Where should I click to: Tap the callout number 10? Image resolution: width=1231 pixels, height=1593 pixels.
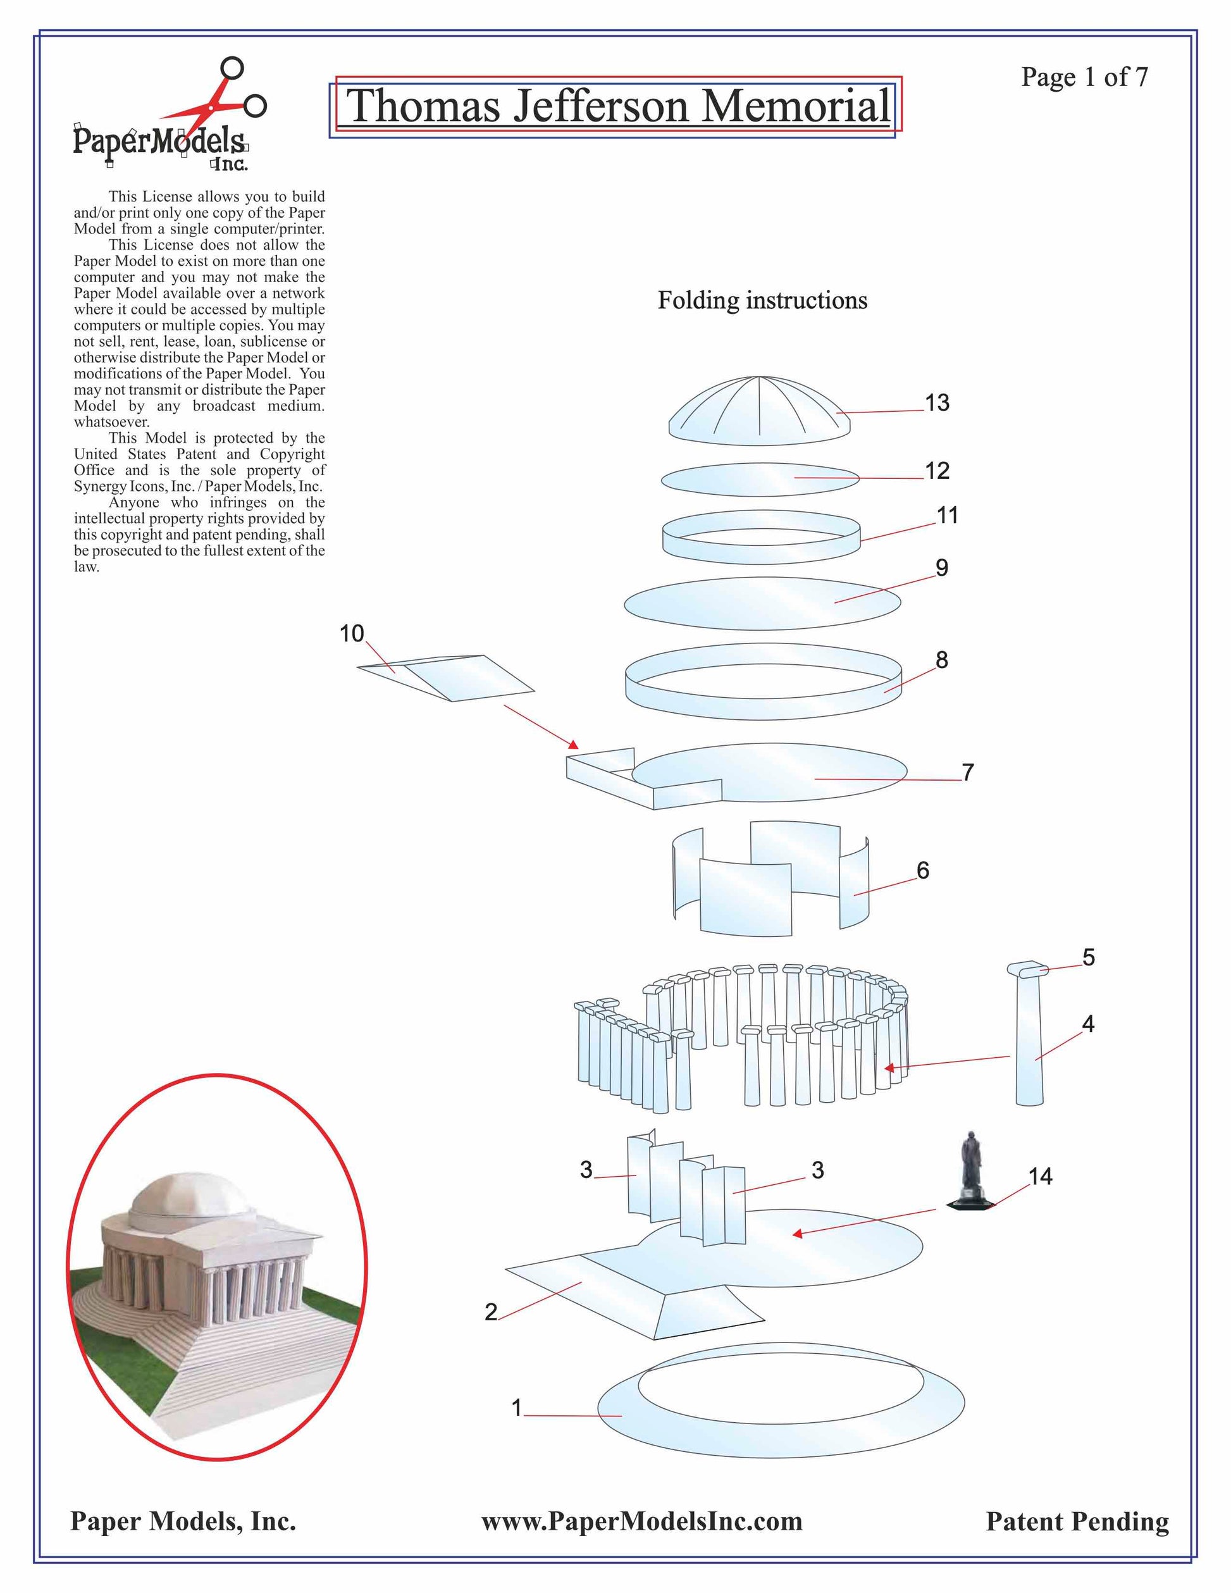pyautogui.click(x=352, y=633)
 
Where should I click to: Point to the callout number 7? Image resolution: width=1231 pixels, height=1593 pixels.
pyautogui.click(x=968, y=772)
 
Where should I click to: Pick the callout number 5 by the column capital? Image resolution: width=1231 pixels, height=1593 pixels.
pyautogui.click(x=1088, y=957)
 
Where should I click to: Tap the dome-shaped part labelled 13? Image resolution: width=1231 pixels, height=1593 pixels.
pyautogui.click(x=759, y=412)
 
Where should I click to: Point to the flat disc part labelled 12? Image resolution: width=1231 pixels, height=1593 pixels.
pyautogui.click(x=759, y=479)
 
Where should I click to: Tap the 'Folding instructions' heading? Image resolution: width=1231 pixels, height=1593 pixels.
pyautogui.click(x=762, y=301)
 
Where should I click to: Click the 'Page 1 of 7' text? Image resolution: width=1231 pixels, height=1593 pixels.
pyautogui.click(x=1084, y=77)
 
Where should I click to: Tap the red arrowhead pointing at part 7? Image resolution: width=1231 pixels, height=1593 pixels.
pyautogui.click(x=574, y=745)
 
